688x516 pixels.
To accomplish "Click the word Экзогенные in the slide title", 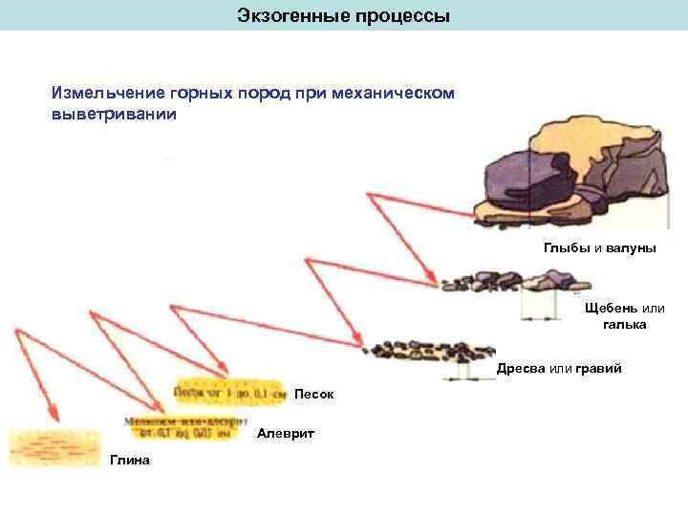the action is [284, 17].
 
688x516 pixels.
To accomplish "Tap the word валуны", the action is [632, 247].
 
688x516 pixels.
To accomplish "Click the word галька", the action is [625, 325].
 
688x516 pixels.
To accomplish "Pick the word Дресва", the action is [521, 368].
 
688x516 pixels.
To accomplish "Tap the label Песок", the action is [313, 394].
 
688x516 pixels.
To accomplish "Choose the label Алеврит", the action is [286, 434].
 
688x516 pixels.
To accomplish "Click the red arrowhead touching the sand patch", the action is [226, 375].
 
